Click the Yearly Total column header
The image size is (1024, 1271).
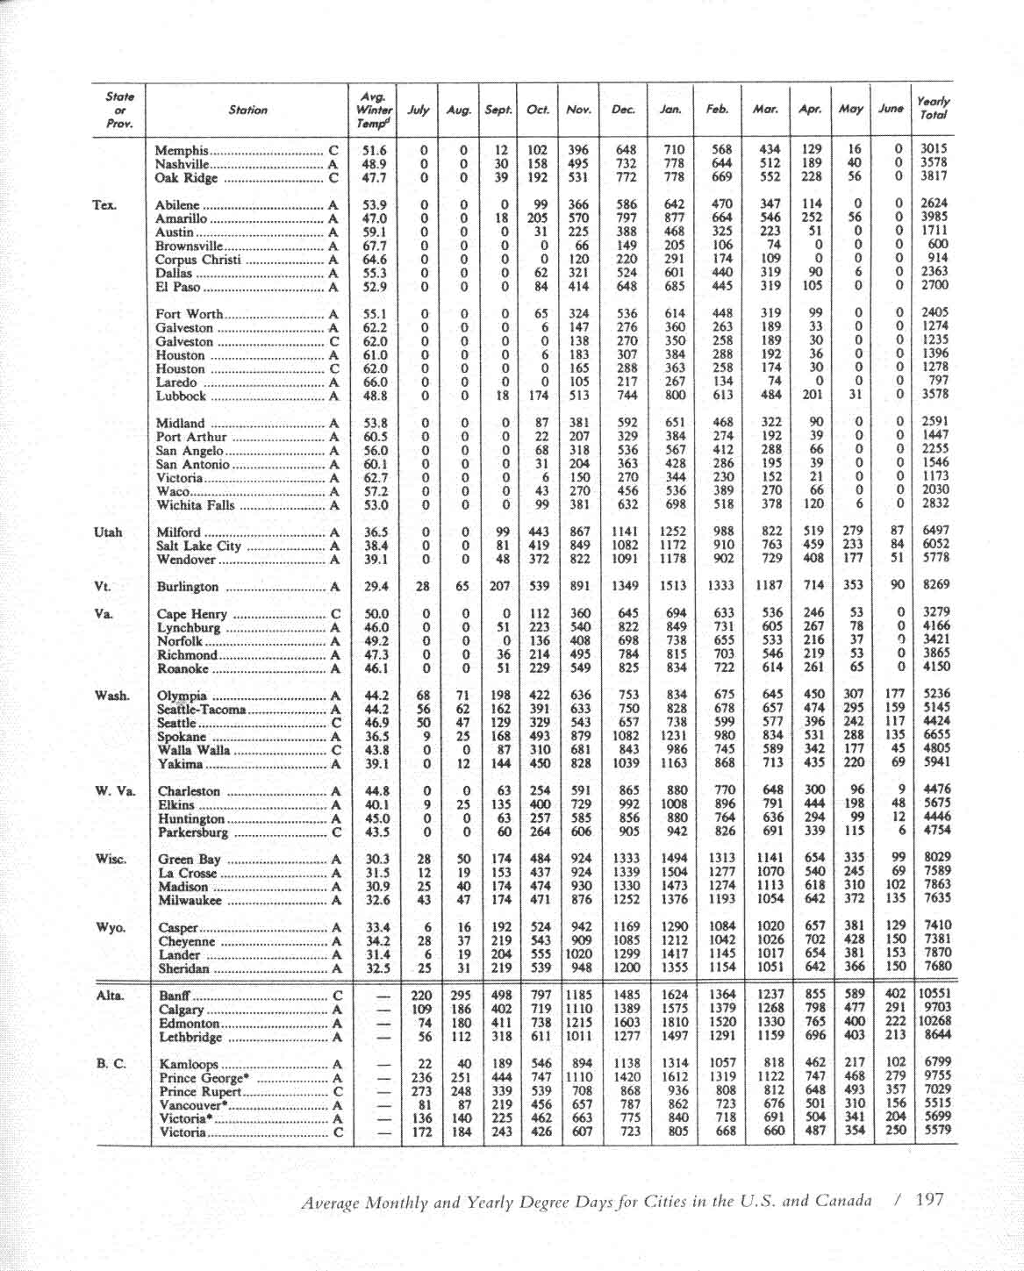point(933,109)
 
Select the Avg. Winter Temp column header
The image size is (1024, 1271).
point(375,110)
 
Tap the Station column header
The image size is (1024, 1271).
point(247,110)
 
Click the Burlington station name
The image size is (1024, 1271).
point(187,587)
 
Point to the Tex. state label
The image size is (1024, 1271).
point(104,205)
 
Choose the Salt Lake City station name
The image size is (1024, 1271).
point(198,546)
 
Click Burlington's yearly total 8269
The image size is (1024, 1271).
point(935,585)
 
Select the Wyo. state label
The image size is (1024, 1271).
point(110,927)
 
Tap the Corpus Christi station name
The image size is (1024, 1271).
point(197,260)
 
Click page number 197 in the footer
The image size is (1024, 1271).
point(929,1199)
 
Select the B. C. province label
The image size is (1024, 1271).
point(111,1063)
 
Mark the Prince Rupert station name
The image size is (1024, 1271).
point(200,1092)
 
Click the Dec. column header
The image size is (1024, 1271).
point(623,110)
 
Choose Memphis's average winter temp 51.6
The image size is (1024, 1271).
point(375,150)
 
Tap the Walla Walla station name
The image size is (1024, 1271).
point(194,751)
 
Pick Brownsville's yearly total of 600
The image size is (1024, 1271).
point(938,244)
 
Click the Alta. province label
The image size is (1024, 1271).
point(110,996)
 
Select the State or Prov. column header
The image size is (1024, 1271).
point(119,110)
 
